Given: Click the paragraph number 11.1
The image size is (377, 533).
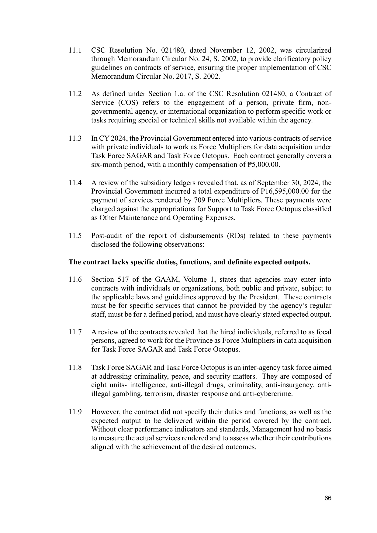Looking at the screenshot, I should [x=75, y=50].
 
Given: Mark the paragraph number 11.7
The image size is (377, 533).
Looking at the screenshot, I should [x=75, y=332].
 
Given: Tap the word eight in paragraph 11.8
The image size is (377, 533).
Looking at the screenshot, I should [x=99, y=385].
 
